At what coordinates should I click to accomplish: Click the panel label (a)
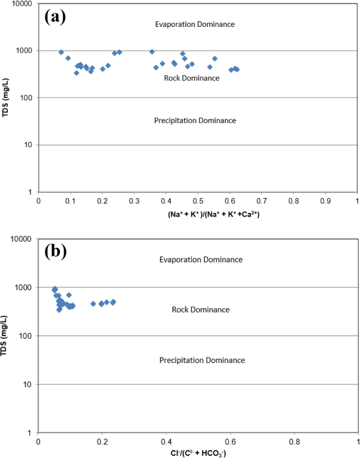point(55,17)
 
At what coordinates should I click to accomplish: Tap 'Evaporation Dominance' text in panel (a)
point(194,24)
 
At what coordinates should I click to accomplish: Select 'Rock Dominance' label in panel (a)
point(191,78)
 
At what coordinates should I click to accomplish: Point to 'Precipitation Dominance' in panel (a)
point(195,120)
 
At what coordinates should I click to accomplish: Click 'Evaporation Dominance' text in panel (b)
point(201,260)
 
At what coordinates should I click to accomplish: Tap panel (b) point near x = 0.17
point(93,304)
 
